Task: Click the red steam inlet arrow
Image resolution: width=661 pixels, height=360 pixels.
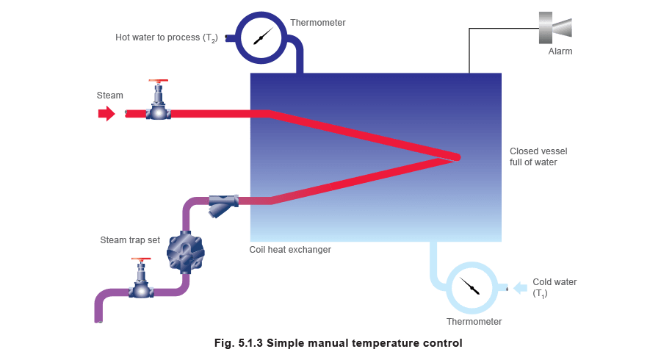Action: click(106, 114)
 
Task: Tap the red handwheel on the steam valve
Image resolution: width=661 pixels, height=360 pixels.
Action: click(158, 81)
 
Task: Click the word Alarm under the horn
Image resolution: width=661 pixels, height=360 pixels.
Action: click(560, 52)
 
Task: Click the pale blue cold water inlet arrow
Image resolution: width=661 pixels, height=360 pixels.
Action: click(519, 287)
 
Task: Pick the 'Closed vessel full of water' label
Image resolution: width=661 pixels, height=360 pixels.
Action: click(538, 156)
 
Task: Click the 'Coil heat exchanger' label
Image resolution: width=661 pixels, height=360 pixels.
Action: click(289, 250)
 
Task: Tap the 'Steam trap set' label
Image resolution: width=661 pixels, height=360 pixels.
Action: click(130, 240)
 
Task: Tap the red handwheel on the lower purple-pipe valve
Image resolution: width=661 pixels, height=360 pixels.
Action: click(140, 260)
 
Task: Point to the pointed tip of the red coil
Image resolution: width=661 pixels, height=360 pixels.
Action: click(457, 156)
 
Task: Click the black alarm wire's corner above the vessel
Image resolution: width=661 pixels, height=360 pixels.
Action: click(469, 29)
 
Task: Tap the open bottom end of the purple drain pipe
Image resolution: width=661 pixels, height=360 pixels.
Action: click(98, 319)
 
